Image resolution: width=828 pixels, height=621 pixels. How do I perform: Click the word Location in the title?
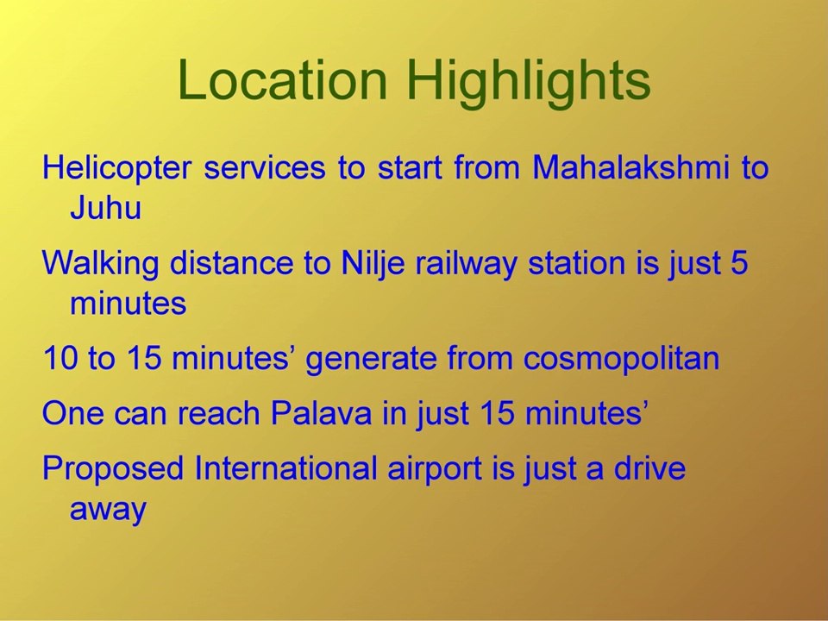pos(283,79)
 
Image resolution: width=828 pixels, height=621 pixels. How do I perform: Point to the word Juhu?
pos(105,208)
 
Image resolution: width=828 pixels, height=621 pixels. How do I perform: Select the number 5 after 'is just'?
pos(739,262)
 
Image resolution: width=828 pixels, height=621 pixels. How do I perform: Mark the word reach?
pos(218,413)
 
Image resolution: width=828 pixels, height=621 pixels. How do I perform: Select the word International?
pos(285,467)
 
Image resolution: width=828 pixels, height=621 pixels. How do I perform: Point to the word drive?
pos(649,467)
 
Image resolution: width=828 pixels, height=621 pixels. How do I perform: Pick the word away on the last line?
pos(108,510)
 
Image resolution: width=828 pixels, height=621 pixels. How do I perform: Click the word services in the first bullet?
pos(265,168)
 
